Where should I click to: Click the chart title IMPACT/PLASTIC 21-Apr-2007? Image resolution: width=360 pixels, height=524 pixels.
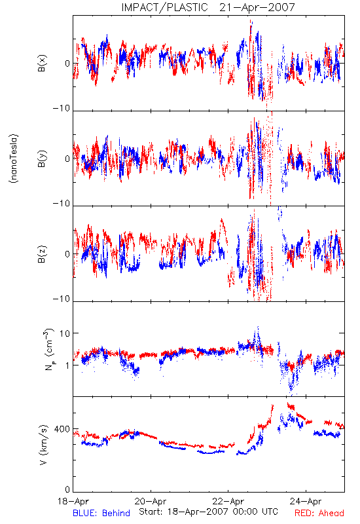pos(208,7)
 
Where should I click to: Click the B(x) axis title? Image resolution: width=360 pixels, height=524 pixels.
pos(42,63)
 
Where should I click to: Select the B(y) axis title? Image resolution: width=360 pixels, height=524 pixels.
pos(42,159)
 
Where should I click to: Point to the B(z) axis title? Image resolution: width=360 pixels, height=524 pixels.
pos(42,254)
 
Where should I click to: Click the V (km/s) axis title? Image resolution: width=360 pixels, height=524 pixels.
pos(43,445)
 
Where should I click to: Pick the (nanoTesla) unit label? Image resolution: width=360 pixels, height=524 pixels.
pos(14,159)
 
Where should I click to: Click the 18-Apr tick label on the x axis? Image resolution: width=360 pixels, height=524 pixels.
pos(73,501)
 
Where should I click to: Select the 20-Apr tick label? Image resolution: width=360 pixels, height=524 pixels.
pos(151,501)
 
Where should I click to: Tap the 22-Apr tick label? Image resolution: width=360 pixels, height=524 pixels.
pos(228,501)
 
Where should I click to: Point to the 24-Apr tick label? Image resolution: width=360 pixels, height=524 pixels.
pos(306,501)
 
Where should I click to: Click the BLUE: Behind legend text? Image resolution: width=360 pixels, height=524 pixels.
pos(101,514)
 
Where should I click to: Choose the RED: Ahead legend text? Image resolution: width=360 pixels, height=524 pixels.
pos(319,514)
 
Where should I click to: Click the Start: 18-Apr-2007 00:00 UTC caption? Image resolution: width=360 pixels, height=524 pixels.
pos(208,512)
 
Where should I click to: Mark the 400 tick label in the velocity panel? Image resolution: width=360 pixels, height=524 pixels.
pos(62,429)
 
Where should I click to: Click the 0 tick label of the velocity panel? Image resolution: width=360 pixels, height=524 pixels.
pos(68,489)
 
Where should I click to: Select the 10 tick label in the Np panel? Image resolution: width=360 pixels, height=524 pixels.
pos(65,333)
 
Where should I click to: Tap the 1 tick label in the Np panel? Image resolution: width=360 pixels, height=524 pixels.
pos(68,365)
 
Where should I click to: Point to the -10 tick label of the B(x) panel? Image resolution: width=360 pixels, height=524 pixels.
pos(62,108)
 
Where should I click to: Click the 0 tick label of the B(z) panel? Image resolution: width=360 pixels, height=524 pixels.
pos(68,254)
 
